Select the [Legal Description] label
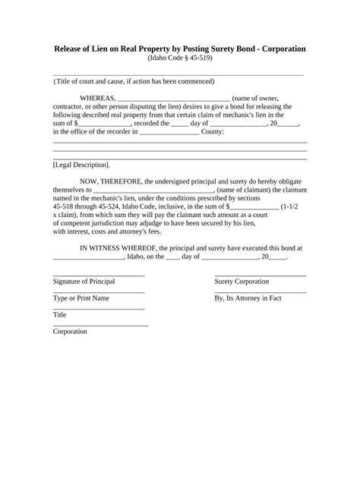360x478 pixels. (x=81, y=164)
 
